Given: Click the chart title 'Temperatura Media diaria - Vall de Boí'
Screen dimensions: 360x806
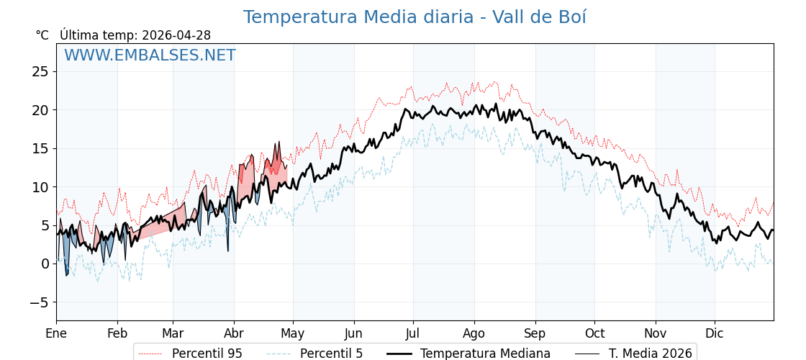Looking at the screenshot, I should click(x=415, y=17).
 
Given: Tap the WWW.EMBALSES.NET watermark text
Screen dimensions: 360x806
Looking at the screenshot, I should click(x=150, y=55).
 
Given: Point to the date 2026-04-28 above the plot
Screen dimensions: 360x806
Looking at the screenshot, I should click(x=176, y=35).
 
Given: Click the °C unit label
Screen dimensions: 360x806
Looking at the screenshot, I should click(x=42, y=35).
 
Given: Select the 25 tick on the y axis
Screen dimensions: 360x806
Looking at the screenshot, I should click(x=40, y=71).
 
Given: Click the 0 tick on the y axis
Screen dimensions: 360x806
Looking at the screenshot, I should click(x=45, y=264).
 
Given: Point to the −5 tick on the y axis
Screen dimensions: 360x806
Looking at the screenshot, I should click(x=40, y=302).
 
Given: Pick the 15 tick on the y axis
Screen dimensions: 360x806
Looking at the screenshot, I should click(x=40, y=148).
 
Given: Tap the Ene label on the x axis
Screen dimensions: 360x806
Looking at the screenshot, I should click(x=56, y=333).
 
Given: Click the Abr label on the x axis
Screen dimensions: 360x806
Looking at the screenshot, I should click(x=234, y=333).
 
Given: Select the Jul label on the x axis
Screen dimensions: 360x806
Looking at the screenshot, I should click(x=413, y=333).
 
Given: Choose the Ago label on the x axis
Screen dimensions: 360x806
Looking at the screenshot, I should click(x=474, y=333).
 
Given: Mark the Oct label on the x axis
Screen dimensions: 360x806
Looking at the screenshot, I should click(x=594, y=333).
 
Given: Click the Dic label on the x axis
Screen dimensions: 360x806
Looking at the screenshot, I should click(x=715, y=333).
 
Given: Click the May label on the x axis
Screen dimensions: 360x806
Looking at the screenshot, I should click(x=293, y=333).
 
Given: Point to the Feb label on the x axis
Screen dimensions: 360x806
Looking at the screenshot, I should click(x=117, y=333).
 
